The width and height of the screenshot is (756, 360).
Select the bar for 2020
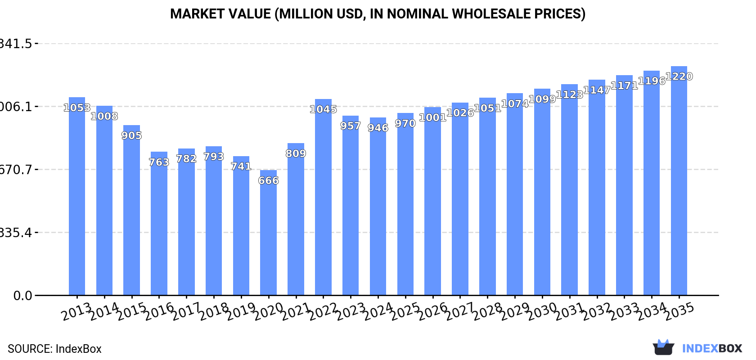click(268, 233)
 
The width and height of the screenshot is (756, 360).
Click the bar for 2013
click(77, 196)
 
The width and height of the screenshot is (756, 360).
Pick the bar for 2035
click(679, 181)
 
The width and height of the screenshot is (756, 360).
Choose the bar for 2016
click(159, 224)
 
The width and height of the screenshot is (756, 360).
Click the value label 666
click(268, 180)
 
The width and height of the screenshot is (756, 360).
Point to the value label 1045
click(323, 109)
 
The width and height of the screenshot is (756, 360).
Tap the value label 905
click(131, 135)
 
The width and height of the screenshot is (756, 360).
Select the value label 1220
click(679, 76)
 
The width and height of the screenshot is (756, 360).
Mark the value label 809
click(296, 153)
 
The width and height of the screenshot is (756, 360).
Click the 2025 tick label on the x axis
click(405, 311)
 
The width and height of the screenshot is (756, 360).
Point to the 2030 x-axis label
click(542, 311)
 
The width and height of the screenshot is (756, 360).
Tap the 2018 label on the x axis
click(214, 311)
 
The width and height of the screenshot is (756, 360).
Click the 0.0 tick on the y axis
click(22, 296)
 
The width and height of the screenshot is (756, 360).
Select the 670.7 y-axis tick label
click(16, 170)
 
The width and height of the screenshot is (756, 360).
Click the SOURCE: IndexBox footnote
click(54, 349)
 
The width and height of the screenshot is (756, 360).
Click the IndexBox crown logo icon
click(663, 347)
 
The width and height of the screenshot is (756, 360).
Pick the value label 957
click(351, 126)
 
